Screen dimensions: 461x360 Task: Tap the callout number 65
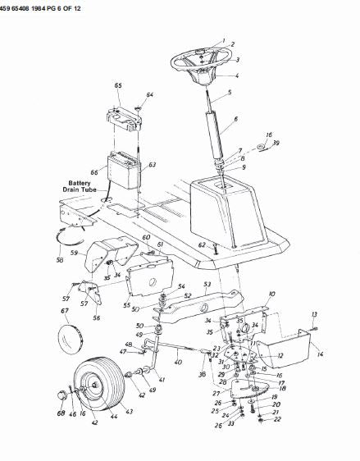(118, 85)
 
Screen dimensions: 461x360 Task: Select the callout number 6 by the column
(235, 119)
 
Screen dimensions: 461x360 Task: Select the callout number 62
(200, 244)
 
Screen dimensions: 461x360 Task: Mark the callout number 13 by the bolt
(314, 314)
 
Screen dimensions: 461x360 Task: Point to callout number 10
(271, 293)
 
